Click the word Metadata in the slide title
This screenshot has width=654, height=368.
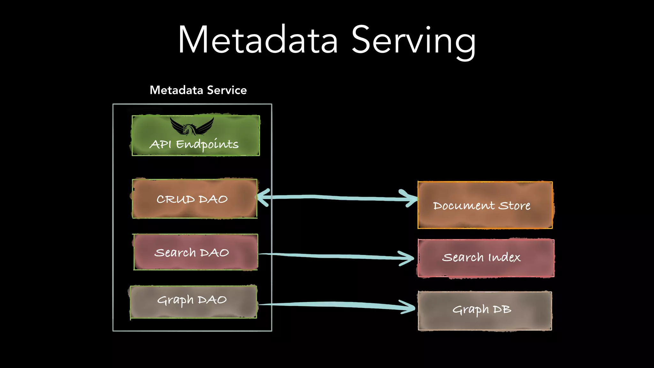pos(258,41)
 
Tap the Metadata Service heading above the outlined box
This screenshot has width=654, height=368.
pos(198,90)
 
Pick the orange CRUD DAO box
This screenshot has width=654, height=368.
pos(194,199)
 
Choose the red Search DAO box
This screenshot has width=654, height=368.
pos(195,252)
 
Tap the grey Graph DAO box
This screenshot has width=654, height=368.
pos(194,301)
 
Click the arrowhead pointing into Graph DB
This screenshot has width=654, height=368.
pos(409,307)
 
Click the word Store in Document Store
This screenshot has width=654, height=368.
pos(514,206)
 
